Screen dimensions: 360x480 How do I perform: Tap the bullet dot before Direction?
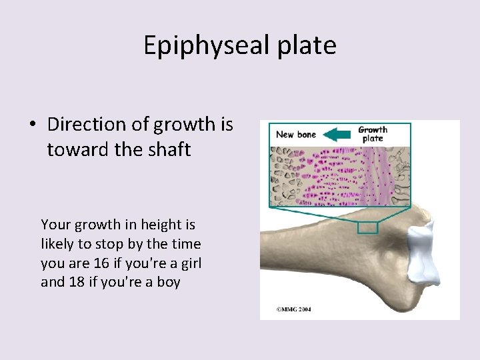(32, 125)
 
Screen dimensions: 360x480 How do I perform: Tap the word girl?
(189, 263)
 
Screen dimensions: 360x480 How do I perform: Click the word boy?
(168, 282)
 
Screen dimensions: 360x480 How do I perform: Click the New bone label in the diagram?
(296, 135)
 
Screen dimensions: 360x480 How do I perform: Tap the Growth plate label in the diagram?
(373, 134)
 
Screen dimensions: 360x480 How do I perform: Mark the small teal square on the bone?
(367, 227)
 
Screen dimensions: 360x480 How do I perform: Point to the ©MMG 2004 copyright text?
(294, 310)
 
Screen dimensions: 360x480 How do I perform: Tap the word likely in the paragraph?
(58, 245)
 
